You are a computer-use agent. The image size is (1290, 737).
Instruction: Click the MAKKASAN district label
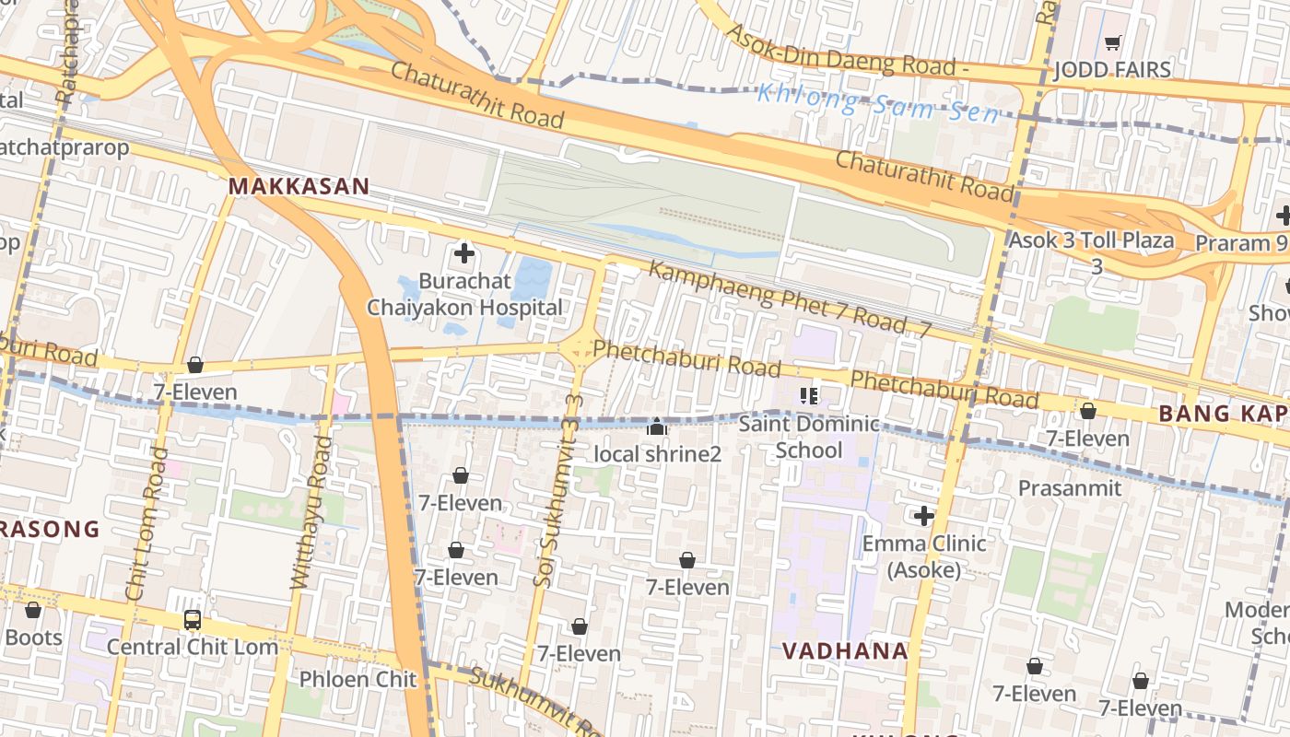[x=299, y=187]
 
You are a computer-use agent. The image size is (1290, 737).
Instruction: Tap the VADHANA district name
[x=845, y=651]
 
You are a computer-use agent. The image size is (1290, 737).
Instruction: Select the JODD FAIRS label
[x=1112, y=70]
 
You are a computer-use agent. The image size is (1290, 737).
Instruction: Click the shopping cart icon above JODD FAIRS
[x=1112, y=42]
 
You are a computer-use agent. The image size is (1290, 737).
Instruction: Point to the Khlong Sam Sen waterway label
[x=878, y=102]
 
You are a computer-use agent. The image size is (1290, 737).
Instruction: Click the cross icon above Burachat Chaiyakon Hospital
[x=464, y=252]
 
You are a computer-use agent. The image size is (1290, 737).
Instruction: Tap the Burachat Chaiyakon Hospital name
[x=464, y=294]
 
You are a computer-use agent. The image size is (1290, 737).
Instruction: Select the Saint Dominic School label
[x=809, y=437]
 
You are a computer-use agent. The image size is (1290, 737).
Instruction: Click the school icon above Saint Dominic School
[x=809, y=396]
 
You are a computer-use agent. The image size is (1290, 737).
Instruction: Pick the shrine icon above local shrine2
[x=657, y=427]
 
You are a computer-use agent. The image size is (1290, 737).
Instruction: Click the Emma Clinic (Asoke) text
[x=923, y=556]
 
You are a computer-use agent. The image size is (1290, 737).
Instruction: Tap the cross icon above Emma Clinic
[x=923, y=516]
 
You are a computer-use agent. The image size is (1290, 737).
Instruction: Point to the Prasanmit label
[x=1070, y=488]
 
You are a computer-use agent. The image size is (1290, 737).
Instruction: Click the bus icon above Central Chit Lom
[x=192, y=620]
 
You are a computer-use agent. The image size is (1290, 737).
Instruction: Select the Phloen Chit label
[x=358, y=680]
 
